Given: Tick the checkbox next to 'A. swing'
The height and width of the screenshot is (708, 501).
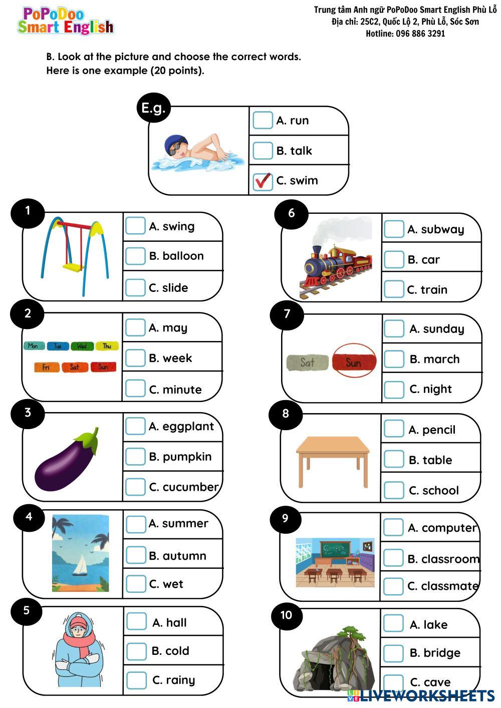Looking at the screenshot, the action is click(x=135, y=226).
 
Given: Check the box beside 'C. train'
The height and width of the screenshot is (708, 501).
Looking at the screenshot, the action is click(x=394, y=289).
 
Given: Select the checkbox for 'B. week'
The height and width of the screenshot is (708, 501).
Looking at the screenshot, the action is click(x=135, y=358).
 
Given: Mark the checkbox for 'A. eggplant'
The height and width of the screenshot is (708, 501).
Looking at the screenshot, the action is click(x=135, y=426).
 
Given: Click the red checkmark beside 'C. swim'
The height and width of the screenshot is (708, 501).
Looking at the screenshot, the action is click(x=263, y=181).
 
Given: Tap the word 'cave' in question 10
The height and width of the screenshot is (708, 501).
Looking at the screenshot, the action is click(x=437, y=682).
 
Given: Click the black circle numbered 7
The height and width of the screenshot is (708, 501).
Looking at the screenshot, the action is click(x=287, y=314).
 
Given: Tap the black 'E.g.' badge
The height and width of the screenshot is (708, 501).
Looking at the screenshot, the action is click(x=153, y=108).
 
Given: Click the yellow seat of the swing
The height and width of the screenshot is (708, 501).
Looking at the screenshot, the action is click(x=74, y=267).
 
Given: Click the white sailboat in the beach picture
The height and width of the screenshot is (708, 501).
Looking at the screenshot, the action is click(x=80, y=566).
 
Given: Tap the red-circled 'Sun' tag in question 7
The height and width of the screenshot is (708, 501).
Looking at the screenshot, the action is click(x=354, y=362).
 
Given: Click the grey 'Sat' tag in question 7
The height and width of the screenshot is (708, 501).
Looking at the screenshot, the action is click(x=307, y=363).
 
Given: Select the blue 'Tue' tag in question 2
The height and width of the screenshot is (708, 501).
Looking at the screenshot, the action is click(x=58, y=346).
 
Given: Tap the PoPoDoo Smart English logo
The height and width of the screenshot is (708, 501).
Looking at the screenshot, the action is click(x=65, y=21).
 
